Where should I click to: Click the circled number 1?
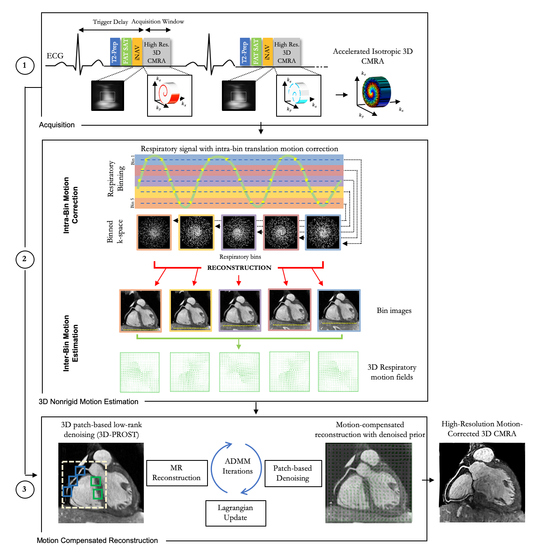pos(25,65)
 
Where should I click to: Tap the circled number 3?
pos(25,489)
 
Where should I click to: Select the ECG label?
pos(55,56)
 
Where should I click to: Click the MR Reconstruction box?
pos(177,473)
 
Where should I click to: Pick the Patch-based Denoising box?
pos(293,473)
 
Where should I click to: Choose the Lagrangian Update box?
pos(235,513)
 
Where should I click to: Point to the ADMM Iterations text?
pos(238,466)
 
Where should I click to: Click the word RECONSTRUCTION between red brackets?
pos(239,268)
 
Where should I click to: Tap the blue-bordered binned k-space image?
pos(323,232)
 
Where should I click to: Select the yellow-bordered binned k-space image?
pos(196,232)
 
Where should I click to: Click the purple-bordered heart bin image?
pos(240,310)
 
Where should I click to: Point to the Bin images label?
pos(394,310)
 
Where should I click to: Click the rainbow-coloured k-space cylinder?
pos(376,92)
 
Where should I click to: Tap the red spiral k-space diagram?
pos(169,95)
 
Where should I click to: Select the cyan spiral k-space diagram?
pos(299,95)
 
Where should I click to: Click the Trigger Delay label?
pos(110,22)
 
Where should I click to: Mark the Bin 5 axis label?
pos(133,202)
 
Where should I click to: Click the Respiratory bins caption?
pos(240,257)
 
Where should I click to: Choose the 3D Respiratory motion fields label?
pos(392,372)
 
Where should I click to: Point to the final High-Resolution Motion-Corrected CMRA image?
pos(482,483)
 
